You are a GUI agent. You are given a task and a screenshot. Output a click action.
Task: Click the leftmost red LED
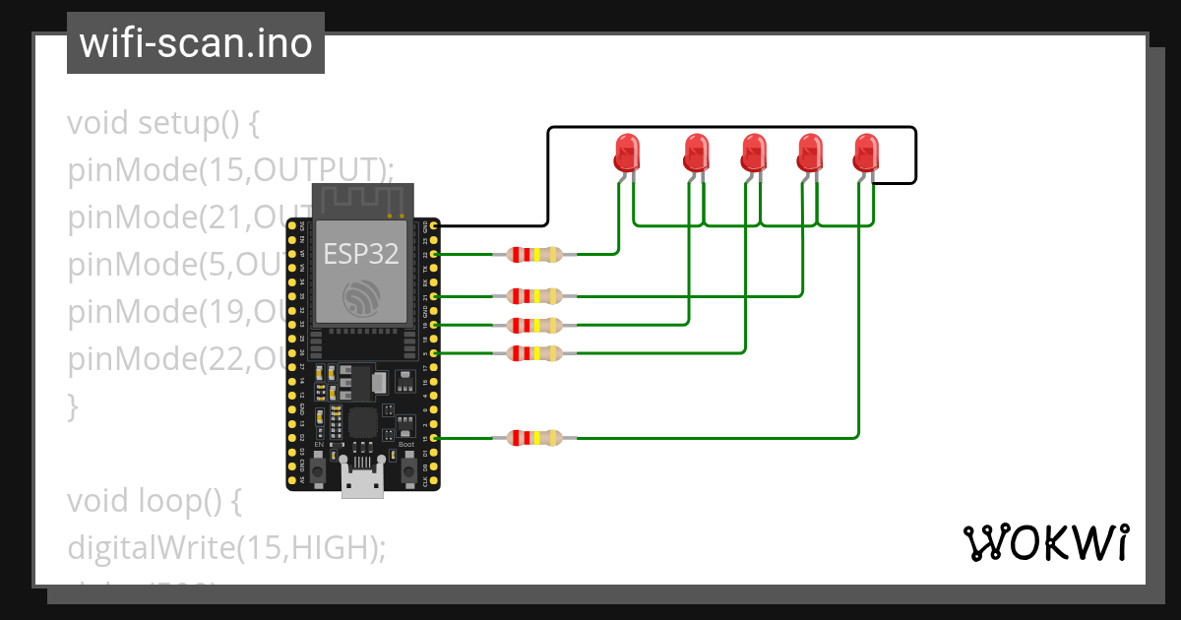pos(626,153)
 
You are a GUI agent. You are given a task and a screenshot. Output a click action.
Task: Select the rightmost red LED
pos(866,153)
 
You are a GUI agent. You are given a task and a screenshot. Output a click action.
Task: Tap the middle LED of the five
pos(754,153)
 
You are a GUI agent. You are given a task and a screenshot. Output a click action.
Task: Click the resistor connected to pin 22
pos(533,255)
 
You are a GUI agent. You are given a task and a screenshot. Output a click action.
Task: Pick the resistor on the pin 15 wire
pos(533,438)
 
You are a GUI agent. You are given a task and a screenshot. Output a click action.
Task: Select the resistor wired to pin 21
pos(533,295)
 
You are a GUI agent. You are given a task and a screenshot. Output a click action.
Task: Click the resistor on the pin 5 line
pos(533,352)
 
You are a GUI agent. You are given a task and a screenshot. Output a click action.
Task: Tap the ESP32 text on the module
pos(361,254)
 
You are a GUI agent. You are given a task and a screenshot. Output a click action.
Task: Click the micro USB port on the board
pos(362,482)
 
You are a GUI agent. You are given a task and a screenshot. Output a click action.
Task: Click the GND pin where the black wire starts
pos(434,226)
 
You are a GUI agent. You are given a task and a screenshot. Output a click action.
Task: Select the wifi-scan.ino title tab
pos(196,43)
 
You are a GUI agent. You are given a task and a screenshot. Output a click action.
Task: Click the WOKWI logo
pos(1044,543)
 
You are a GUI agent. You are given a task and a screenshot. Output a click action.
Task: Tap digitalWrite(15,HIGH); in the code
pos(225,547)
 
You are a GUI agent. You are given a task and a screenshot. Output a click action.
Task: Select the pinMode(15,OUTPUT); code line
pos(230,170)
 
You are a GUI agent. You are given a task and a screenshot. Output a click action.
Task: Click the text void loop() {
pos(154,501)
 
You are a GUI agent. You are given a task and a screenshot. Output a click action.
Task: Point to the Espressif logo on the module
pos(361,297)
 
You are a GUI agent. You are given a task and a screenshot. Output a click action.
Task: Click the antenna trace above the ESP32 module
pos(361,200)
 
